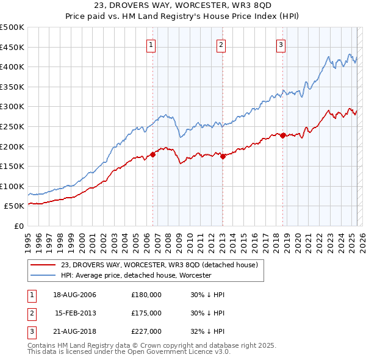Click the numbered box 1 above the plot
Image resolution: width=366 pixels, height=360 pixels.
151,44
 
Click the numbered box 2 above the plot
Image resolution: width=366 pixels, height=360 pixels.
220,44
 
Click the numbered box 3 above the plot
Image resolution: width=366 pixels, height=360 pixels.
281,44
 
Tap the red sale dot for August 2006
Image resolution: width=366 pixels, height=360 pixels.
153,154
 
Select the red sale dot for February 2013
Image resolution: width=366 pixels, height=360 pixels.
223,156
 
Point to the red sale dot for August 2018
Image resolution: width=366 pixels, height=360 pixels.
283,135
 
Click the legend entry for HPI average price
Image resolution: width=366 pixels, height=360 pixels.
135,275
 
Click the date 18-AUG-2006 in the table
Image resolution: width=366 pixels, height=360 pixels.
75,295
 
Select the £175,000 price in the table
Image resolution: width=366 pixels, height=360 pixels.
146,313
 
